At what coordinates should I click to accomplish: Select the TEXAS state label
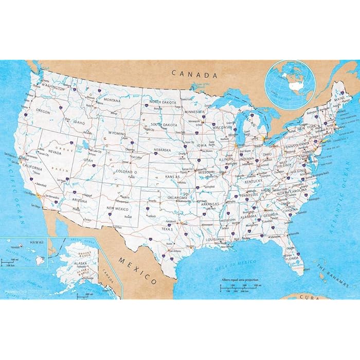(x=168, y=228)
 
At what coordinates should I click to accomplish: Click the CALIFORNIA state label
(x=32, y=168)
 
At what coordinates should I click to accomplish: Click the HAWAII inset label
(x=37, y=242)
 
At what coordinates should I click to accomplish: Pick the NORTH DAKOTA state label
(x=163, y=102)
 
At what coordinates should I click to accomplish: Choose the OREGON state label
(x=42, y=111)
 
